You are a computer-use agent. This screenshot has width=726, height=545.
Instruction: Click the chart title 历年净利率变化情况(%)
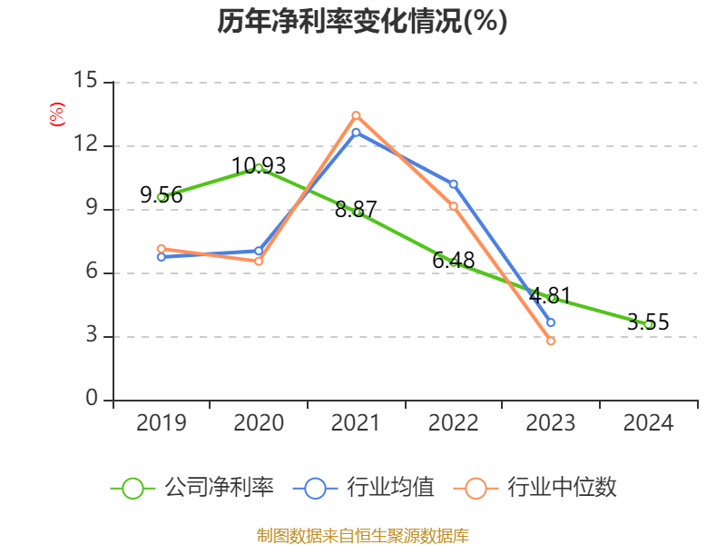tap(362, 21)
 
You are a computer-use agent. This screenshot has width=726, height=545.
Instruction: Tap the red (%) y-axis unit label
tap(57, 114)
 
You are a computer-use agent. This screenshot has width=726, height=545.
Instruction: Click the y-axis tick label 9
tap(91, 209)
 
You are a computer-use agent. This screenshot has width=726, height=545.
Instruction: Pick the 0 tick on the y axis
tap(91, 400)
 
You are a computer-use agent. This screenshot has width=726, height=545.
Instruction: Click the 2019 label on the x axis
tap(162, 422)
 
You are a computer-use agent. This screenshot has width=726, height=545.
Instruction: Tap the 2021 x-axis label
tap(356, 422)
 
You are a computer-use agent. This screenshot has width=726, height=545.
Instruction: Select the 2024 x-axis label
tap(648, 422)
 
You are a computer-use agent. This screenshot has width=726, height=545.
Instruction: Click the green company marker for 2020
tap(259, 168)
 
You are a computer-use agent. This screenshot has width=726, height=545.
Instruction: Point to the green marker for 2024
tap(648, 324)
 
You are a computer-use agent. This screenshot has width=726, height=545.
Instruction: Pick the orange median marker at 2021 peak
tap(356, 115)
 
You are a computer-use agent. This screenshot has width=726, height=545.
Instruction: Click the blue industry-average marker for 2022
tap(454, 184)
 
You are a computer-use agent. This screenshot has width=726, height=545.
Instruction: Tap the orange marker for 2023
tap(551, 342)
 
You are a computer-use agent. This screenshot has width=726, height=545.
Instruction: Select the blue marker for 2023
tap(551, 322)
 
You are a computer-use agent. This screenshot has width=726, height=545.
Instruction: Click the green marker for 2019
tap(162, 197)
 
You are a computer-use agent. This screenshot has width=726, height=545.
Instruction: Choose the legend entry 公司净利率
tap(192, 488)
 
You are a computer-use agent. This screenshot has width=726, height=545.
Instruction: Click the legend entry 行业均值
tap(364, 488)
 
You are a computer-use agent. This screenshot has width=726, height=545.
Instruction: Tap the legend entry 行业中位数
tap(541, 488)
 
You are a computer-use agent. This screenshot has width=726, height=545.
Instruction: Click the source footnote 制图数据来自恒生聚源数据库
tap(362, 535)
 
